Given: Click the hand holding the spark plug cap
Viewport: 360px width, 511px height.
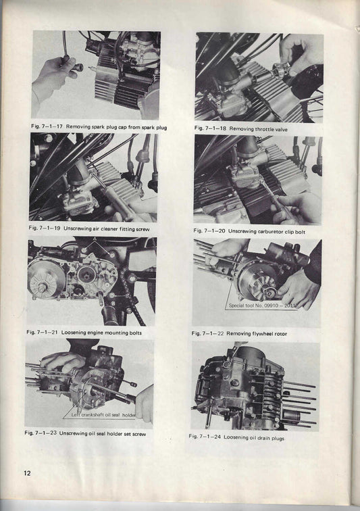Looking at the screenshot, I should tap(53, 76).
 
